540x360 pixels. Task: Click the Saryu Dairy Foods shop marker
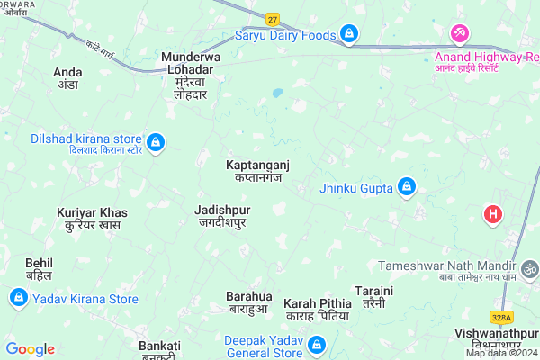[x=349, y=35]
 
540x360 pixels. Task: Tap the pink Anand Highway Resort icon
[x=461, y=33]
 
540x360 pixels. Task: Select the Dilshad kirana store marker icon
[x=156, y=141]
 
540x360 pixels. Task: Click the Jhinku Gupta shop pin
[x=407, y=187]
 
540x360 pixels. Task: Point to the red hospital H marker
[x=493, y=215]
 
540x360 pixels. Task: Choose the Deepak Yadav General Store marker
[x=317, y=346]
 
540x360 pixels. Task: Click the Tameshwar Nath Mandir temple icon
[x=530, y=267]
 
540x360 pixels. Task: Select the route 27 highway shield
[x=273, y=19]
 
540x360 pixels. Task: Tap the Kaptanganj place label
[x=258, y=171]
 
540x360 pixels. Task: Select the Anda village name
[x=67, y=76]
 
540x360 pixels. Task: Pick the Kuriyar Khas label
[x=92, y=219]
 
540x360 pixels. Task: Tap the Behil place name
[x=39, y=267]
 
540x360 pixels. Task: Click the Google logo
[x=31, y=349]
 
